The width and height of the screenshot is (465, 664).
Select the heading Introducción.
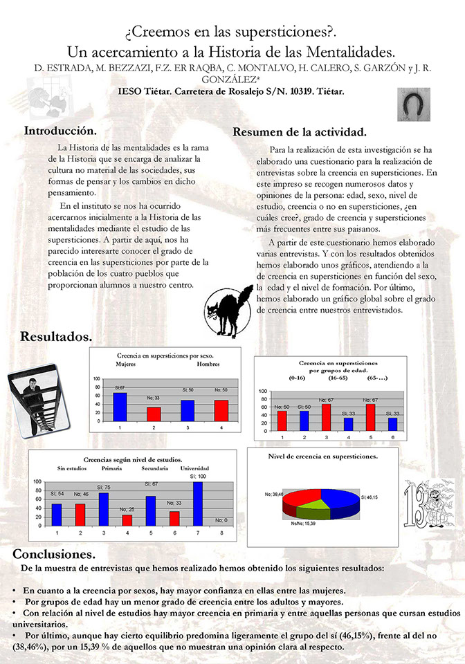coord(60,130)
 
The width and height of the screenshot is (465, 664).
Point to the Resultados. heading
coord(56,337)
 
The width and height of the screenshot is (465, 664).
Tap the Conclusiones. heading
coord(54,554)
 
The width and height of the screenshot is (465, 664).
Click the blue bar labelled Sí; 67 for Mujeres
coord(120,406)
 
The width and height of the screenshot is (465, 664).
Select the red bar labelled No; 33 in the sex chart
coord(154,413)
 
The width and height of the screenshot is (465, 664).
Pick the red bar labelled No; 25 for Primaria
coord(127,519)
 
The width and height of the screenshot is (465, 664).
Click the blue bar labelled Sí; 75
coord(104,508)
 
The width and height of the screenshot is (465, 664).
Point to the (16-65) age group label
coord(338,379)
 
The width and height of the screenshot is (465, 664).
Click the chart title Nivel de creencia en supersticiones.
coord(322,456)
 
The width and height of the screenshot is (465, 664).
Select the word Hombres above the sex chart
coord(208,364)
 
